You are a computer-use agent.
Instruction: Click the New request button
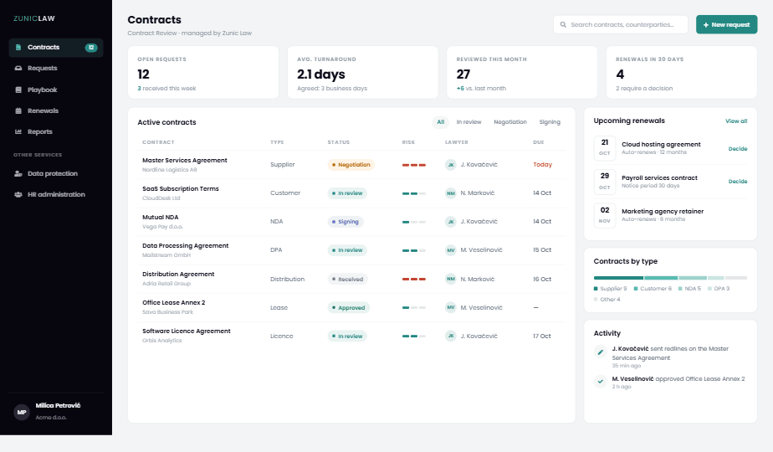point(726,24)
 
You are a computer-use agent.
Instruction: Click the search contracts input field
point(620,24)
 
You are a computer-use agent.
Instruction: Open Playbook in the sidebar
point(42,90)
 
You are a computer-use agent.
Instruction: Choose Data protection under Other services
point(52,174)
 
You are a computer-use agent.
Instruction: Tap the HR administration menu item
point(56,194)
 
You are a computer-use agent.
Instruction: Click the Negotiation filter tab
point(510,122)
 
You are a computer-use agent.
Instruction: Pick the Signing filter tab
point(550,122)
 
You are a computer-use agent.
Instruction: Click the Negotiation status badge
point(351,165)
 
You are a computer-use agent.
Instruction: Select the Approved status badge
point(349,307)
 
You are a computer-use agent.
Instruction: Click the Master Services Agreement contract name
point(185,161)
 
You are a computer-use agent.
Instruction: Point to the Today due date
point(542,165)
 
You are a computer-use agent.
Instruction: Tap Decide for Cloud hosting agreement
point(738,148)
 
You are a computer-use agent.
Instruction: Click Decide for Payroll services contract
point(738,181)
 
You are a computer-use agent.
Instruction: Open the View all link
point(736,121)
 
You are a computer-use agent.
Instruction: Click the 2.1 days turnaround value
point(321,74)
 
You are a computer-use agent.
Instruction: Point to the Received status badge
point(347,280)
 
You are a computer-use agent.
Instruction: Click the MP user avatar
point(22,412)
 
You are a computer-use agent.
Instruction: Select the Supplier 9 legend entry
point(611,289)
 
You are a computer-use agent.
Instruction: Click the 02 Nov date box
point(604,214)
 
